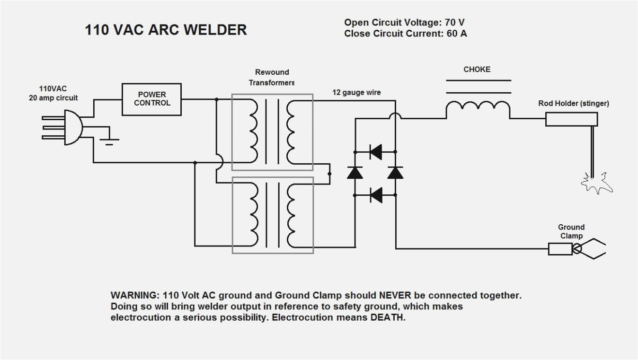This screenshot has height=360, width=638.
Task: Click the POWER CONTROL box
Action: (152, 99)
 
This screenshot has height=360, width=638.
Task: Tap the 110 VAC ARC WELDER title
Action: (166, 30)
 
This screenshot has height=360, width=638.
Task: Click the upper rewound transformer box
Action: (272, 132)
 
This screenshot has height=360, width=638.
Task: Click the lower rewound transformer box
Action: (272, 215)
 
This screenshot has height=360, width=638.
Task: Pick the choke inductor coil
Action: (478, 111)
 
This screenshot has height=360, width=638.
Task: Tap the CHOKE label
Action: (477, 70)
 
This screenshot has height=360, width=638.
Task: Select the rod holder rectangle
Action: (572, 119)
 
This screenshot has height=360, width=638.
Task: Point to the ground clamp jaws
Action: (592, 249)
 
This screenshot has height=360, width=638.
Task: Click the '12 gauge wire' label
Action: (356, 93)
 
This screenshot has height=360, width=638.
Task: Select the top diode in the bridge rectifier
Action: (376, 152)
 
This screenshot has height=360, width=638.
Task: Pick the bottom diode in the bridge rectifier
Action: (376, 194)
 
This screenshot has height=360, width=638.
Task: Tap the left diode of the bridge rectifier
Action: (354, 173)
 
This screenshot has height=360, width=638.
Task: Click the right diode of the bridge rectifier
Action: (395, 173)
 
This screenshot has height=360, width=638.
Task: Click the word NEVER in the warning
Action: (395, 295)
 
